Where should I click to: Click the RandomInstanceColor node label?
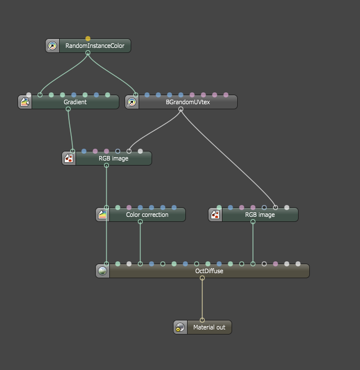tap(95, 46)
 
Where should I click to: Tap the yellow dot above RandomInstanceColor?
tap(88, 39)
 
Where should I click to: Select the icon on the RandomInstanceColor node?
tap(52, 46)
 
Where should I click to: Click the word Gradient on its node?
tap(75, 102)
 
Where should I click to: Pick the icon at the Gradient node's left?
tap(25, 102)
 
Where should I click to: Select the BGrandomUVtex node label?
tap(188, 102)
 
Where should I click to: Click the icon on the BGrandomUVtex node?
tap(132, 102)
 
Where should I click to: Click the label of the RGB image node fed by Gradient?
tap(113, 158)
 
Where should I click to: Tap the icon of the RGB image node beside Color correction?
tap(215, 215)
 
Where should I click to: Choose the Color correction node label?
tap(147, 215)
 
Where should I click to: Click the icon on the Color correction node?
tap(103, 215)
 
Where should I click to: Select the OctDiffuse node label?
tap(209, 271)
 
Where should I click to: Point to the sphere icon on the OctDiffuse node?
tap(103, 271)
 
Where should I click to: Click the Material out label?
tap(209, 327)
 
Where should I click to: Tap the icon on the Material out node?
tap(180, 327)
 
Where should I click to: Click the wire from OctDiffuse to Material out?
tap(202, 298)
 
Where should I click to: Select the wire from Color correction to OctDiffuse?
tap(140, 242)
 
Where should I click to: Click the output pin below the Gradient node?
tap(68, 109)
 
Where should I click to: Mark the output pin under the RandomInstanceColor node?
tap(88, 53)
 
